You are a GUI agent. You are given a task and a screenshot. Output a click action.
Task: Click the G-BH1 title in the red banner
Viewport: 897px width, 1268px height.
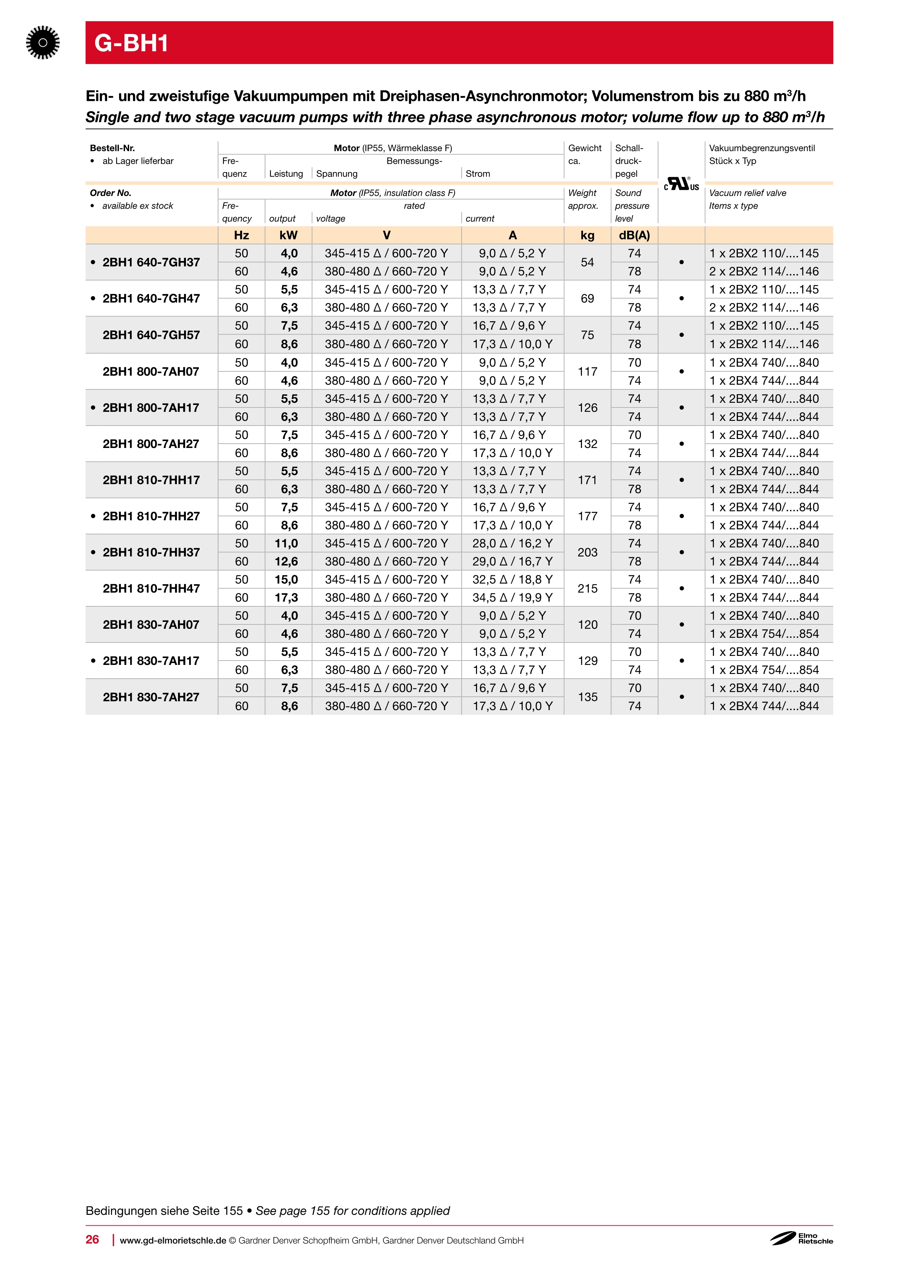[131, 43]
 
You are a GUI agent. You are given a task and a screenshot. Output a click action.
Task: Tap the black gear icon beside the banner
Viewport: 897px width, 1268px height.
[43, 43]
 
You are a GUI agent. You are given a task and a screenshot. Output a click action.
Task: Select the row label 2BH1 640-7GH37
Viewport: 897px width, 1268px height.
[151, 262]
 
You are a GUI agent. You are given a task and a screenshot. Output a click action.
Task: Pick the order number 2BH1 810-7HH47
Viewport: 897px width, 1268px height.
[151, 588]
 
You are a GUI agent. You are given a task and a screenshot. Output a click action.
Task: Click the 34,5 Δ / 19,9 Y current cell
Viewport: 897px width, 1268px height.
[512, 598]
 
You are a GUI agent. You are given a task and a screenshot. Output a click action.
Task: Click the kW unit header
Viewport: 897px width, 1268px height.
[288, 235]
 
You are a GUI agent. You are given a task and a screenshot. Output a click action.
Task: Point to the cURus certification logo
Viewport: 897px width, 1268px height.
[681, 184]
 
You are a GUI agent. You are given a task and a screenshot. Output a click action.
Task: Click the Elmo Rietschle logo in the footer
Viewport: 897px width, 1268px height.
[802, 1238]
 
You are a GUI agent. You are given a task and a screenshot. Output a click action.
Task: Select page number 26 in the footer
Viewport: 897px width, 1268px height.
[92, 1239]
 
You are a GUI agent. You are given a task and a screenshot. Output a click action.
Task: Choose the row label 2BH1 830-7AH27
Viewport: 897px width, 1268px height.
[151, 697]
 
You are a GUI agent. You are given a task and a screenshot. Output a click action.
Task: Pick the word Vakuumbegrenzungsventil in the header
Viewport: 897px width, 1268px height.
[762, 148]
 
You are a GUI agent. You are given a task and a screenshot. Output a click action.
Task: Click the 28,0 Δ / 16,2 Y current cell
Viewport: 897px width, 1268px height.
[512, 543]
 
